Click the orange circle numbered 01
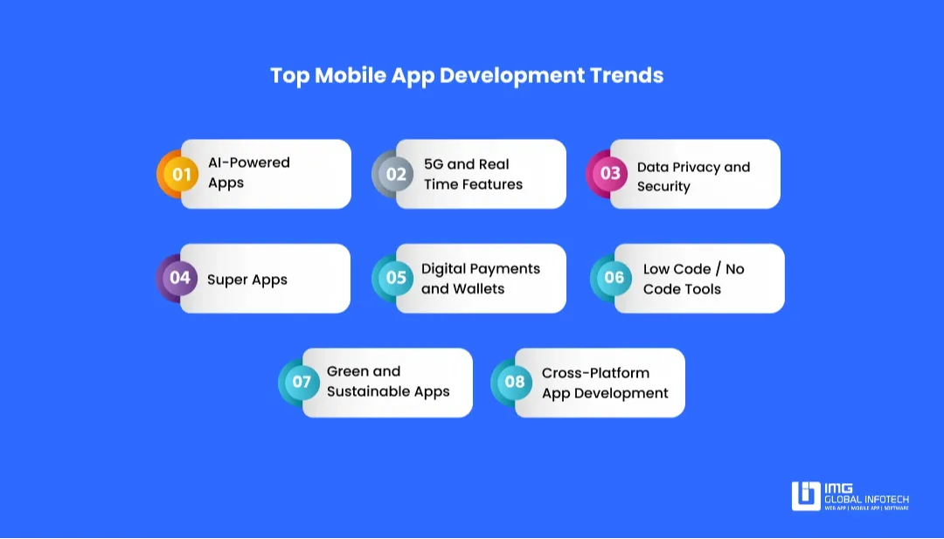(x=181, y=174)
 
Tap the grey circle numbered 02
(x=396, y=174)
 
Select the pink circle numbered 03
(x=610, y=174)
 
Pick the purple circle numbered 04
(x=180, y=278)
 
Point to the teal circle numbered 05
(x=396, y=278)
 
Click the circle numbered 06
(x=614, y=278)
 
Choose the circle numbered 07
(x=302, y=382)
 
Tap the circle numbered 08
(x=515, y=382)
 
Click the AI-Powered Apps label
(x=248, y=173)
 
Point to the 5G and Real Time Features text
(x=473, y=174)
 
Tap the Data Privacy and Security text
(x=693, y=176)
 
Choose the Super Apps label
(x=247, y=280)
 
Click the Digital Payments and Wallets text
(x=481, y=279)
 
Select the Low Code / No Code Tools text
(x=693, y=279)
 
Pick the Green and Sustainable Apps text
(x=388, y=382)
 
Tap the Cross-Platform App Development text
(x=605, y=383)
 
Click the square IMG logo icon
(x=805, y=495)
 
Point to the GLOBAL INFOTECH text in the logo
(x=866, y=500)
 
